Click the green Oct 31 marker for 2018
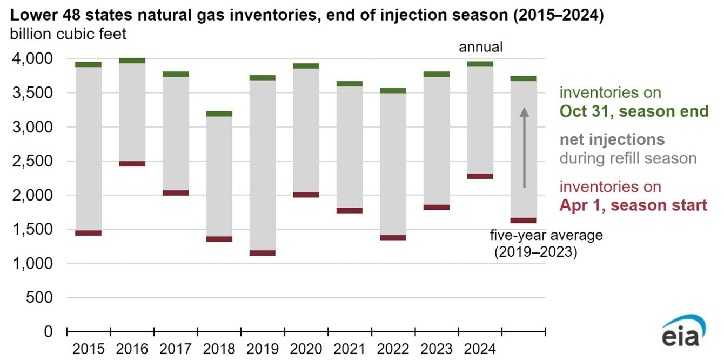point(219,114)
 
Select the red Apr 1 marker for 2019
point(263,253)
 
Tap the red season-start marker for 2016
point(132,164)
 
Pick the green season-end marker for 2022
point(393,91)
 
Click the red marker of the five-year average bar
point(524,221)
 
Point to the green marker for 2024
point(480,64)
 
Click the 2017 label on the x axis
point(176,349)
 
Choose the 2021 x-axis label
point(350,349)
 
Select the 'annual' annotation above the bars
point(480,47)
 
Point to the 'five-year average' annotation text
point(546,236)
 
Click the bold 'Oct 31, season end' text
point(634,111)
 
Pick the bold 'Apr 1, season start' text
point(633,205)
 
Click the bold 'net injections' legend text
point(612,140)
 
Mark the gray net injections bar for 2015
point(89,149)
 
